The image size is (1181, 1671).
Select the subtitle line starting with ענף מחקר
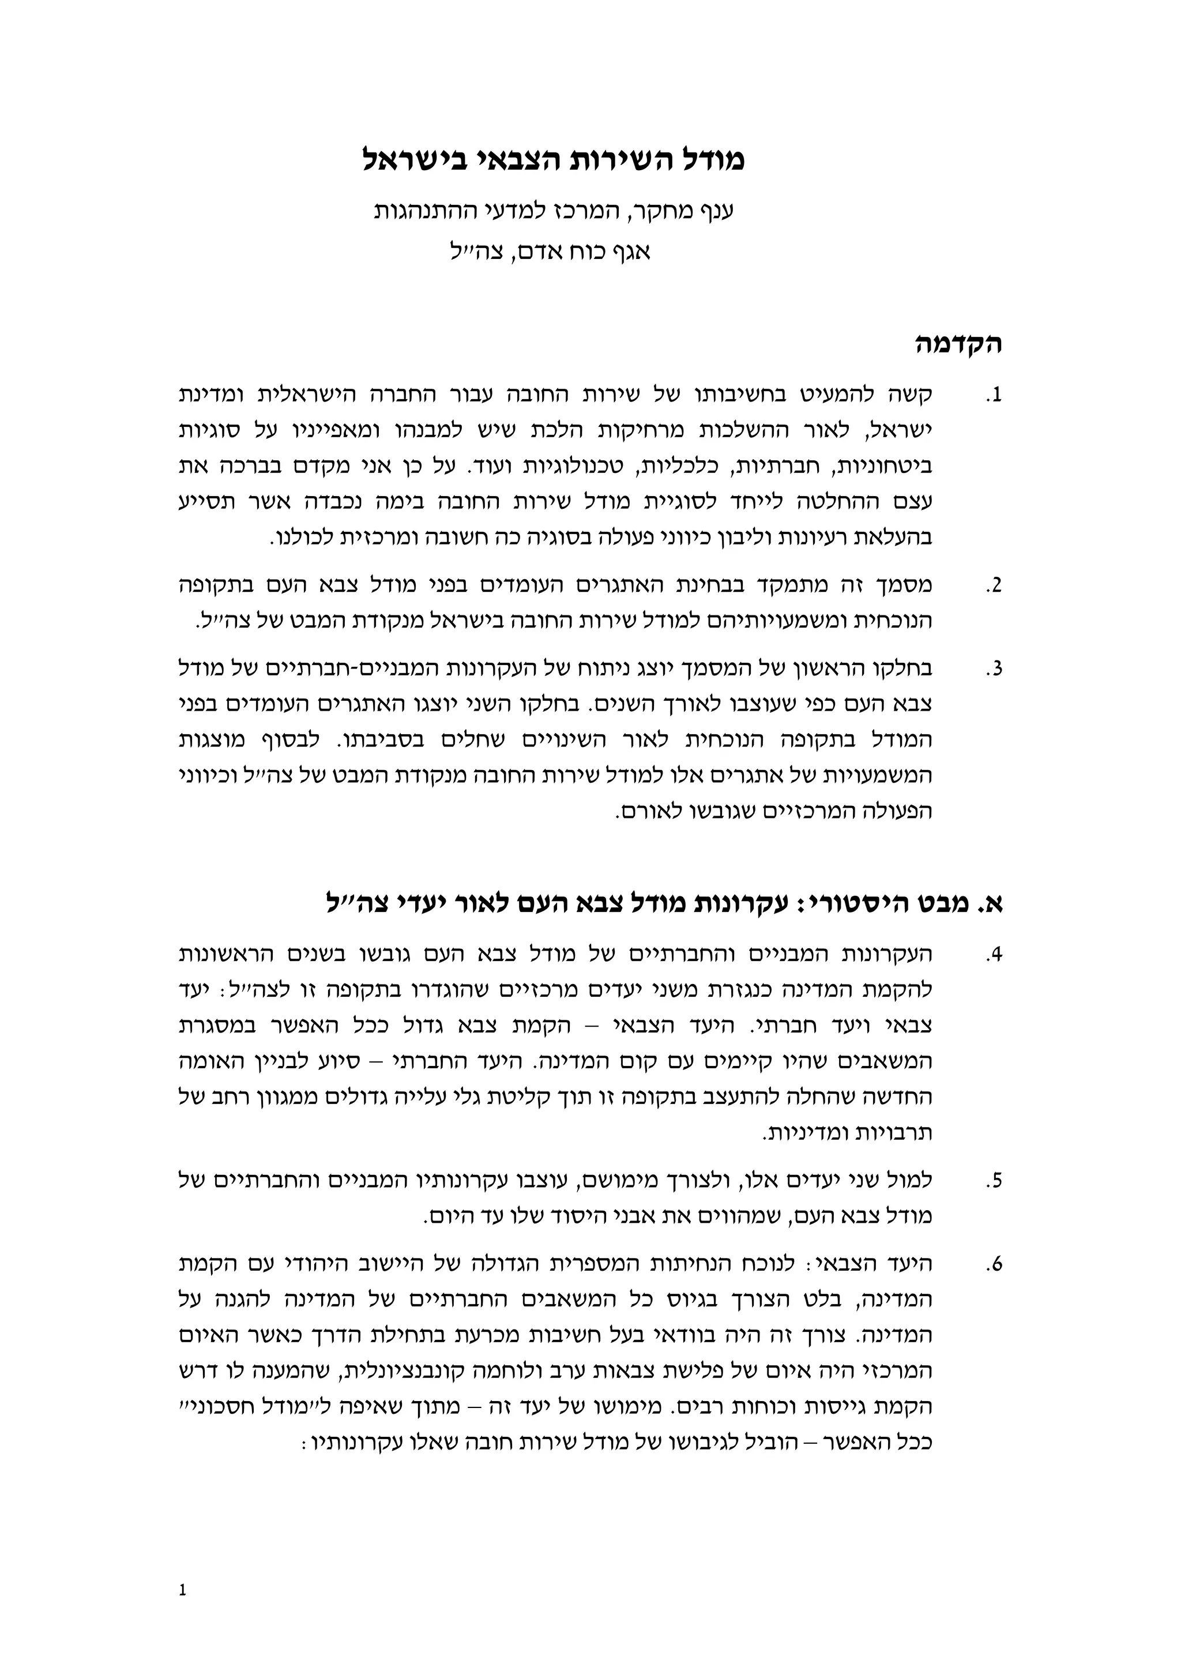coord(553,211)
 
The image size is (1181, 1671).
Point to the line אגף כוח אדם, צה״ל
coord(548,253)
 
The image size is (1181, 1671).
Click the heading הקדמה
coord(958,344)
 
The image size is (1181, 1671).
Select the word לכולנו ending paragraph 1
coord(300,539)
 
